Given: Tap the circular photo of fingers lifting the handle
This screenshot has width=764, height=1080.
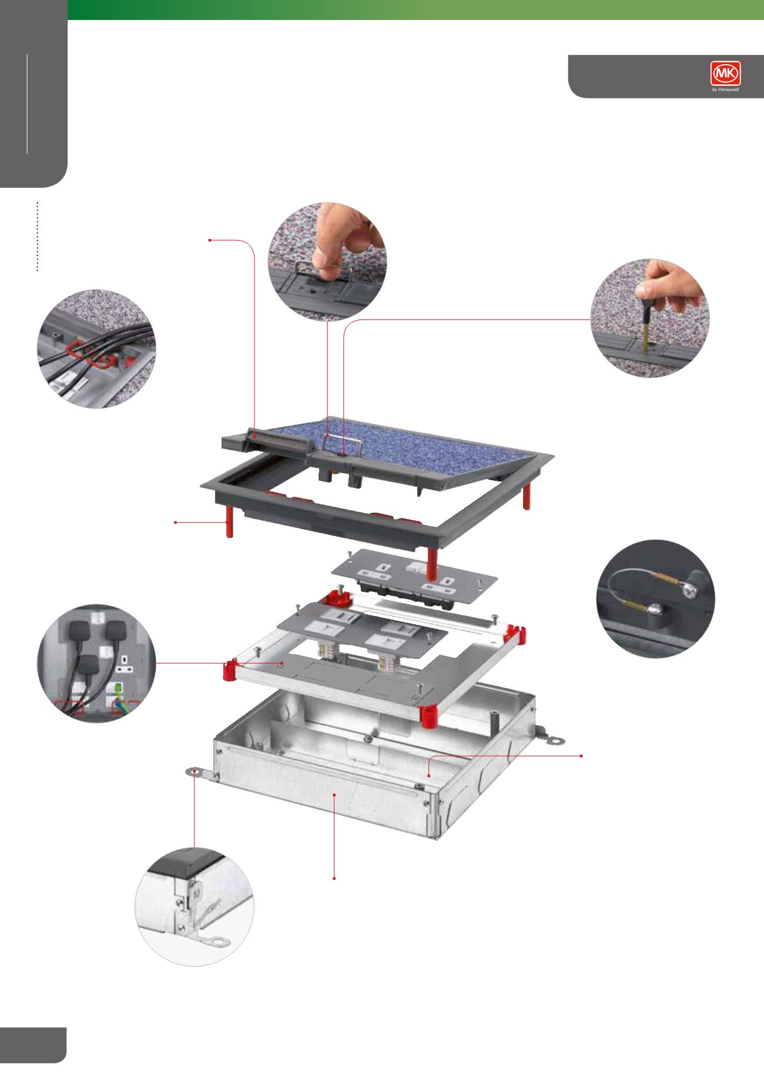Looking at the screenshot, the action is click(x=327, y=263).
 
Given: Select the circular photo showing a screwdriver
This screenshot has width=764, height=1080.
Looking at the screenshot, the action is click(x=649, y=318).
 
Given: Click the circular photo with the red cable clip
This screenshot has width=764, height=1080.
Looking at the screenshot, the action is click(x=97, y=349).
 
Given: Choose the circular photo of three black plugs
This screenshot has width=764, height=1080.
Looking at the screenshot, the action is click(x=96, y=664).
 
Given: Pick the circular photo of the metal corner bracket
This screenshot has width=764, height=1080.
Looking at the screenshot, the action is click(x=195, y=906).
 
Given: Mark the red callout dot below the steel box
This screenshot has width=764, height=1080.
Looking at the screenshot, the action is click(x=334, y=879).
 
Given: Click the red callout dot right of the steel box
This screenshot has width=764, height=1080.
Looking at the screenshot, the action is click(x=582, y=755).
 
